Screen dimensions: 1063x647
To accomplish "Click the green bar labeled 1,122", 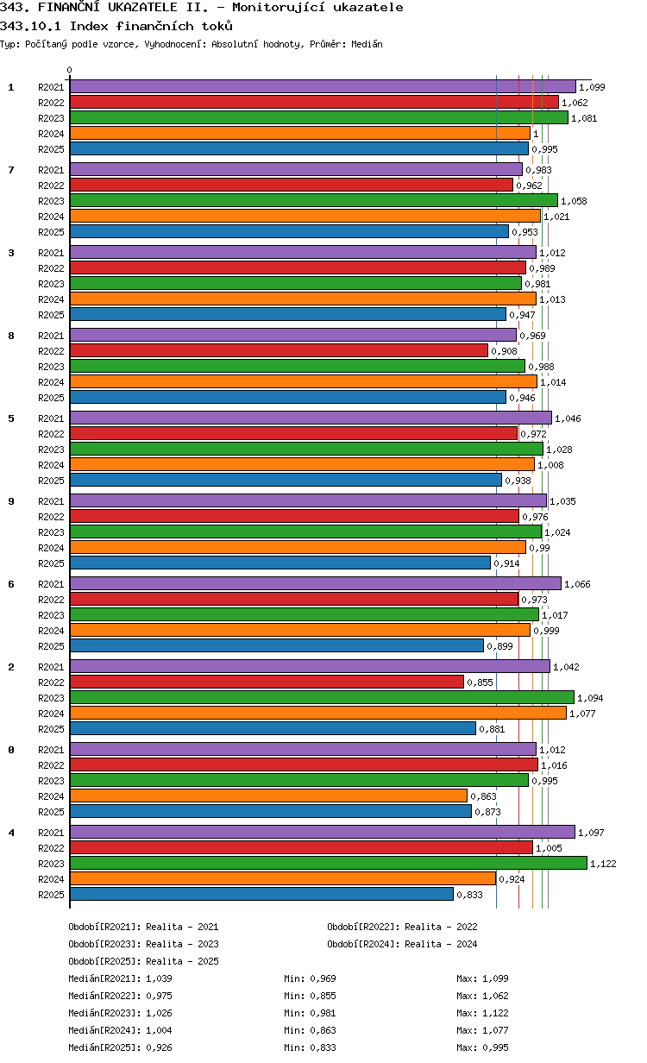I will coord(328,863).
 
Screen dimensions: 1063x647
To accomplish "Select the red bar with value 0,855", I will coord(267,682).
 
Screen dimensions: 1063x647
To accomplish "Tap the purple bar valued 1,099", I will coord(323,86).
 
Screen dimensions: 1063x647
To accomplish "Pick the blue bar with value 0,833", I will coord(261,894).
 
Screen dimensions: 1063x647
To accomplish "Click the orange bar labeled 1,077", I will coord(318,713).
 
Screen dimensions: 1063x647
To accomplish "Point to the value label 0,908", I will coord(505,351).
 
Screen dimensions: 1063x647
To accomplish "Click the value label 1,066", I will coord(577,584).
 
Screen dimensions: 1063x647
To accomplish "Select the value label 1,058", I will coord(574,201).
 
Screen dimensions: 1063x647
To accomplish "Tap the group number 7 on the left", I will coord(11,170).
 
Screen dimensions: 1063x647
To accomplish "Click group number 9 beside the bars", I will coord(11,501).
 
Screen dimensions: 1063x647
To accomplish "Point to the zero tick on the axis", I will coord(70,71).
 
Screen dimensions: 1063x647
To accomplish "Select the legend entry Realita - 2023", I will coord(182,944).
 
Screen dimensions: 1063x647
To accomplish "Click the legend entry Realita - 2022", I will coord(441,927).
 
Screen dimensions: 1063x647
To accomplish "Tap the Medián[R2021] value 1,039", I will coord(160,978).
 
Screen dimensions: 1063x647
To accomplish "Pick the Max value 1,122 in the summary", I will coord(495,1013).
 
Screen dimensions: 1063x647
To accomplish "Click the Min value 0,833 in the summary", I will coord(323,1047).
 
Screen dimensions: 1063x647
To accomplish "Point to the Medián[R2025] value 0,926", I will coord(160,1047).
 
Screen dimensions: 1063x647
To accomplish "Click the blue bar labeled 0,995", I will coord(298,148).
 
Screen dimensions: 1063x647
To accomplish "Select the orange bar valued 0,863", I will coord(268,796).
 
